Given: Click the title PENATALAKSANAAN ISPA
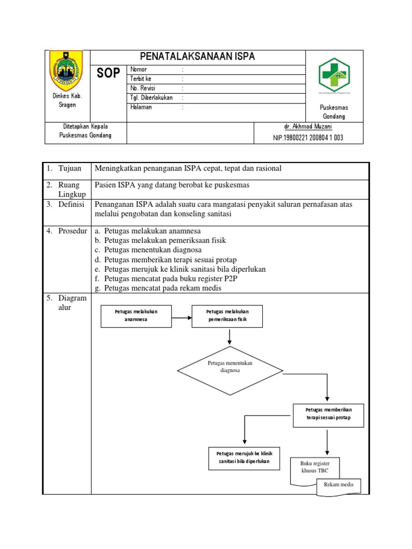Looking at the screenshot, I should [197, 57].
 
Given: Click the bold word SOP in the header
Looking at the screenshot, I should [108, 73].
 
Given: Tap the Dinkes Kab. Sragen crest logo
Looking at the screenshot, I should [67, 70].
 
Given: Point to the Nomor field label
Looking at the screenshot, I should [138, 70].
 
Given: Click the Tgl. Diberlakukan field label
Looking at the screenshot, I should [151, 98].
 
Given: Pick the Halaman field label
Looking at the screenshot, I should [141, 107].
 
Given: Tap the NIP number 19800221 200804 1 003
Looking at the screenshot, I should [308, 138].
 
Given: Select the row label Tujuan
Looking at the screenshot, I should [70, 168].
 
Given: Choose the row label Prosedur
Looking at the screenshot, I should [72, 231].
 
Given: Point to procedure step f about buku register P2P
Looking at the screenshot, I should [170, 279].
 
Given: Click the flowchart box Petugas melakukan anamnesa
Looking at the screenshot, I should [136, 316].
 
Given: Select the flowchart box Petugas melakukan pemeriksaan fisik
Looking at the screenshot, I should [227, 316].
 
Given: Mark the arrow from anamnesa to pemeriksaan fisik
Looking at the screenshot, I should [182, 316].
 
